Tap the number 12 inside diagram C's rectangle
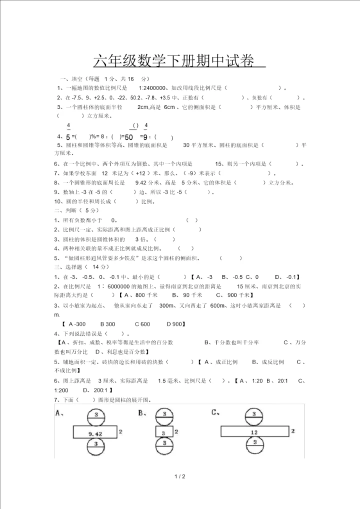(x=254, y=432)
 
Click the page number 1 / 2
(x=180, y=476)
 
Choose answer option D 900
(x=173, y=324)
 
